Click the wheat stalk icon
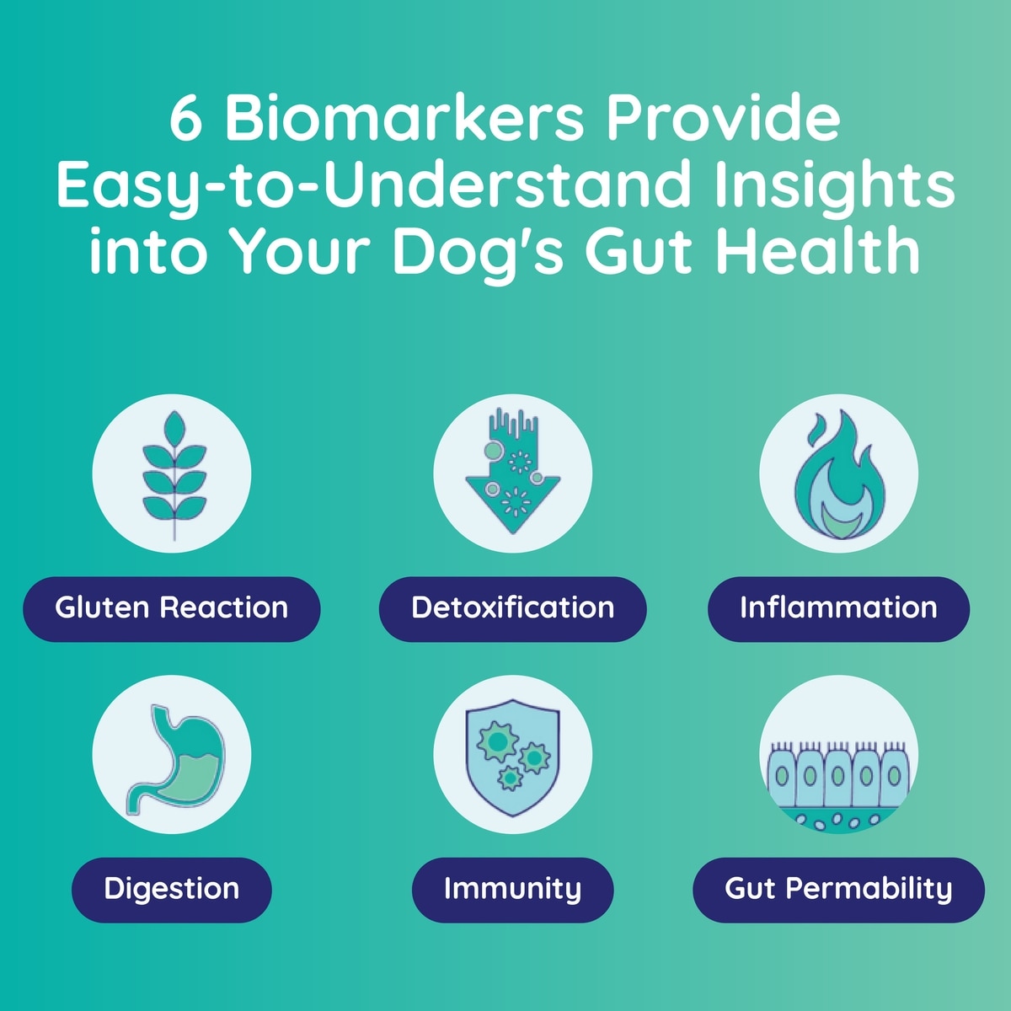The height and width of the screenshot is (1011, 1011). (x=174, y=475)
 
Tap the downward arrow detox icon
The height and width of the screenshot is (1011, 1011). (x=512, y=472)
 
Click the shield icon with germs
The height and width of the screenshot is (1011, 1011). (x=512, y=757)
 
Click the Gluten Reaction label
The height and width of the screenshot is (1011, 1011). (x=172, y=608)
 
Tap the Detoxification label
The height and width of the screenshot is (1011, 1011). (x=512, y=608)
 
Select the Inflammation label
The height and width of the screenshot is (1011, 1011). (x=838, y=608)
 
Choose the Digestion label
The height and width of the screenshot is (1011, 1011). (x=172, y=890)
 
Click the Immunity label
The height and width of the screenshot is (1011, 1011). (x=512, y=890)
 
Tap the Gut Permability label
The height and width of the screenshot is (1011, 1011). (x=838, y=890)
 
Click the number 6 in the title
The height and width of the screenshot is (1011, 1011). (x=185, y=120)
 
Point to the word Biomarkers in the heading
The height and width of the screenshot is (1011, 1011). (x=404, y=119)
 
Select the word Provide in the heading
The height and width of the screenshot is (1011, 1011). (x=725, y=119)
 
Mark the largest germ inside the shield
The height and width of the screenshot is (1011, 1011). (x=497, y=741)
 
